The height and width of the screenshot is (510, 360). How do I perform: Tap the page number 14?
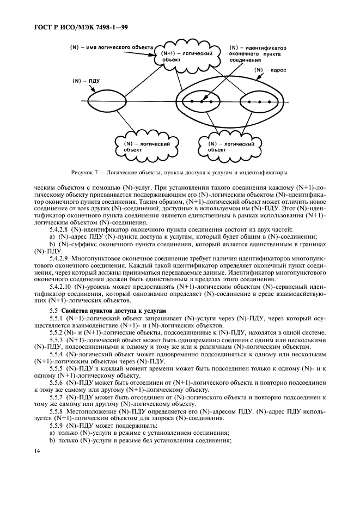[36, 451]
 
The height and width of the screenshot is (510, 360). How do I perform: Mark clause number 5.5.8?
[57, 412]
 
